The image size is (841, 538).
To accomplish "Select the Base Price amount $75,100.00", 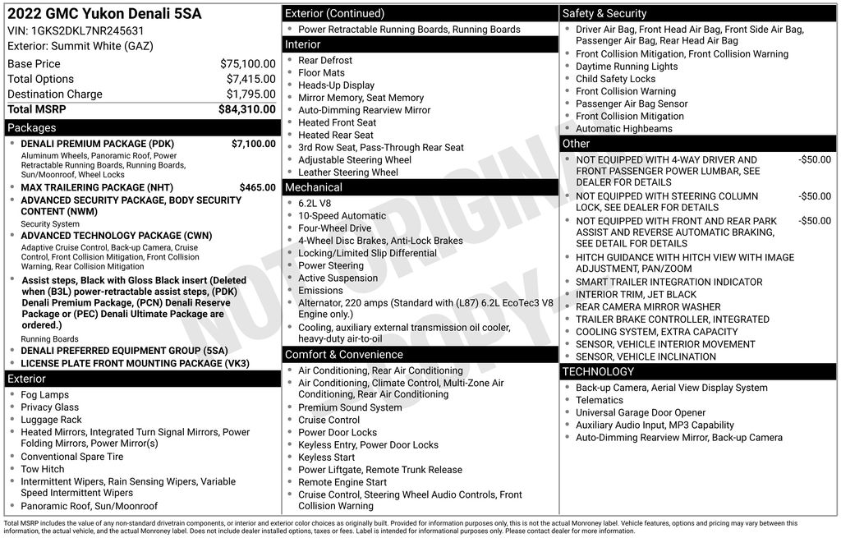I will coord(247,64).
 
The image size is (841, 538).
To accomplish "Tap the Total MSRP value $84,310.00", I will coord(246,109).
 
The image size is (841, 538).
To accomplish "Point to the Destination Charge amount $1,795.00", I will coord(250,94).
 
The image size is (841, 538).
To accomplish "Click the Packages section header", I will coord(32,128).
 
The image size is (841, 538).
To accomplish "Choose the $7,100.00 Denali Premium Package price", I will coord(253,144).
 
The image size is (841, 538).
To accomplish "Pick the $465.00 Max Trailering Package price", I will coord(257,187).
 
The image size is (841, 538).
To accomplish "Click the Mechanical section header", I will coord(314,188).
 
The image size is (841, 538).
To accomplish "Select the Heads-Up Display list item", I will coord(336,85).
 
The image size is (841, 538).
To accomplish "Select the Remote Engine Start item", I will coord(342,482).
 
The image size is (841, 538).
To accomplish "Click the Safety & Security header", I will coord(604,14).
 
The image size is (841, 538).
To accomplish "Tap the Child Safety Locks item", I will coord(615,79).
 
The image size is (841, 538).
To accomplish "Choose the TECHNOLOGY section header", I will coord(598,372).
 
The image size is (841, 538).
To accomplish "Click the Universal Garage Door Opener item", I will coord(641,413).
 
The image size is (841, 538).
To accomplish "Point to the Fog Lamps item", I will coord(45,395).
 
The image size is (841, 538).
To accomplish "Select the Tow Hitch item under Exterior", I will coord(43,469).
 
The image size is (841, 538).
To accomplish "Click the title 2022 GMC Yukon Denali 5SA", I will coord(104,14).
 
